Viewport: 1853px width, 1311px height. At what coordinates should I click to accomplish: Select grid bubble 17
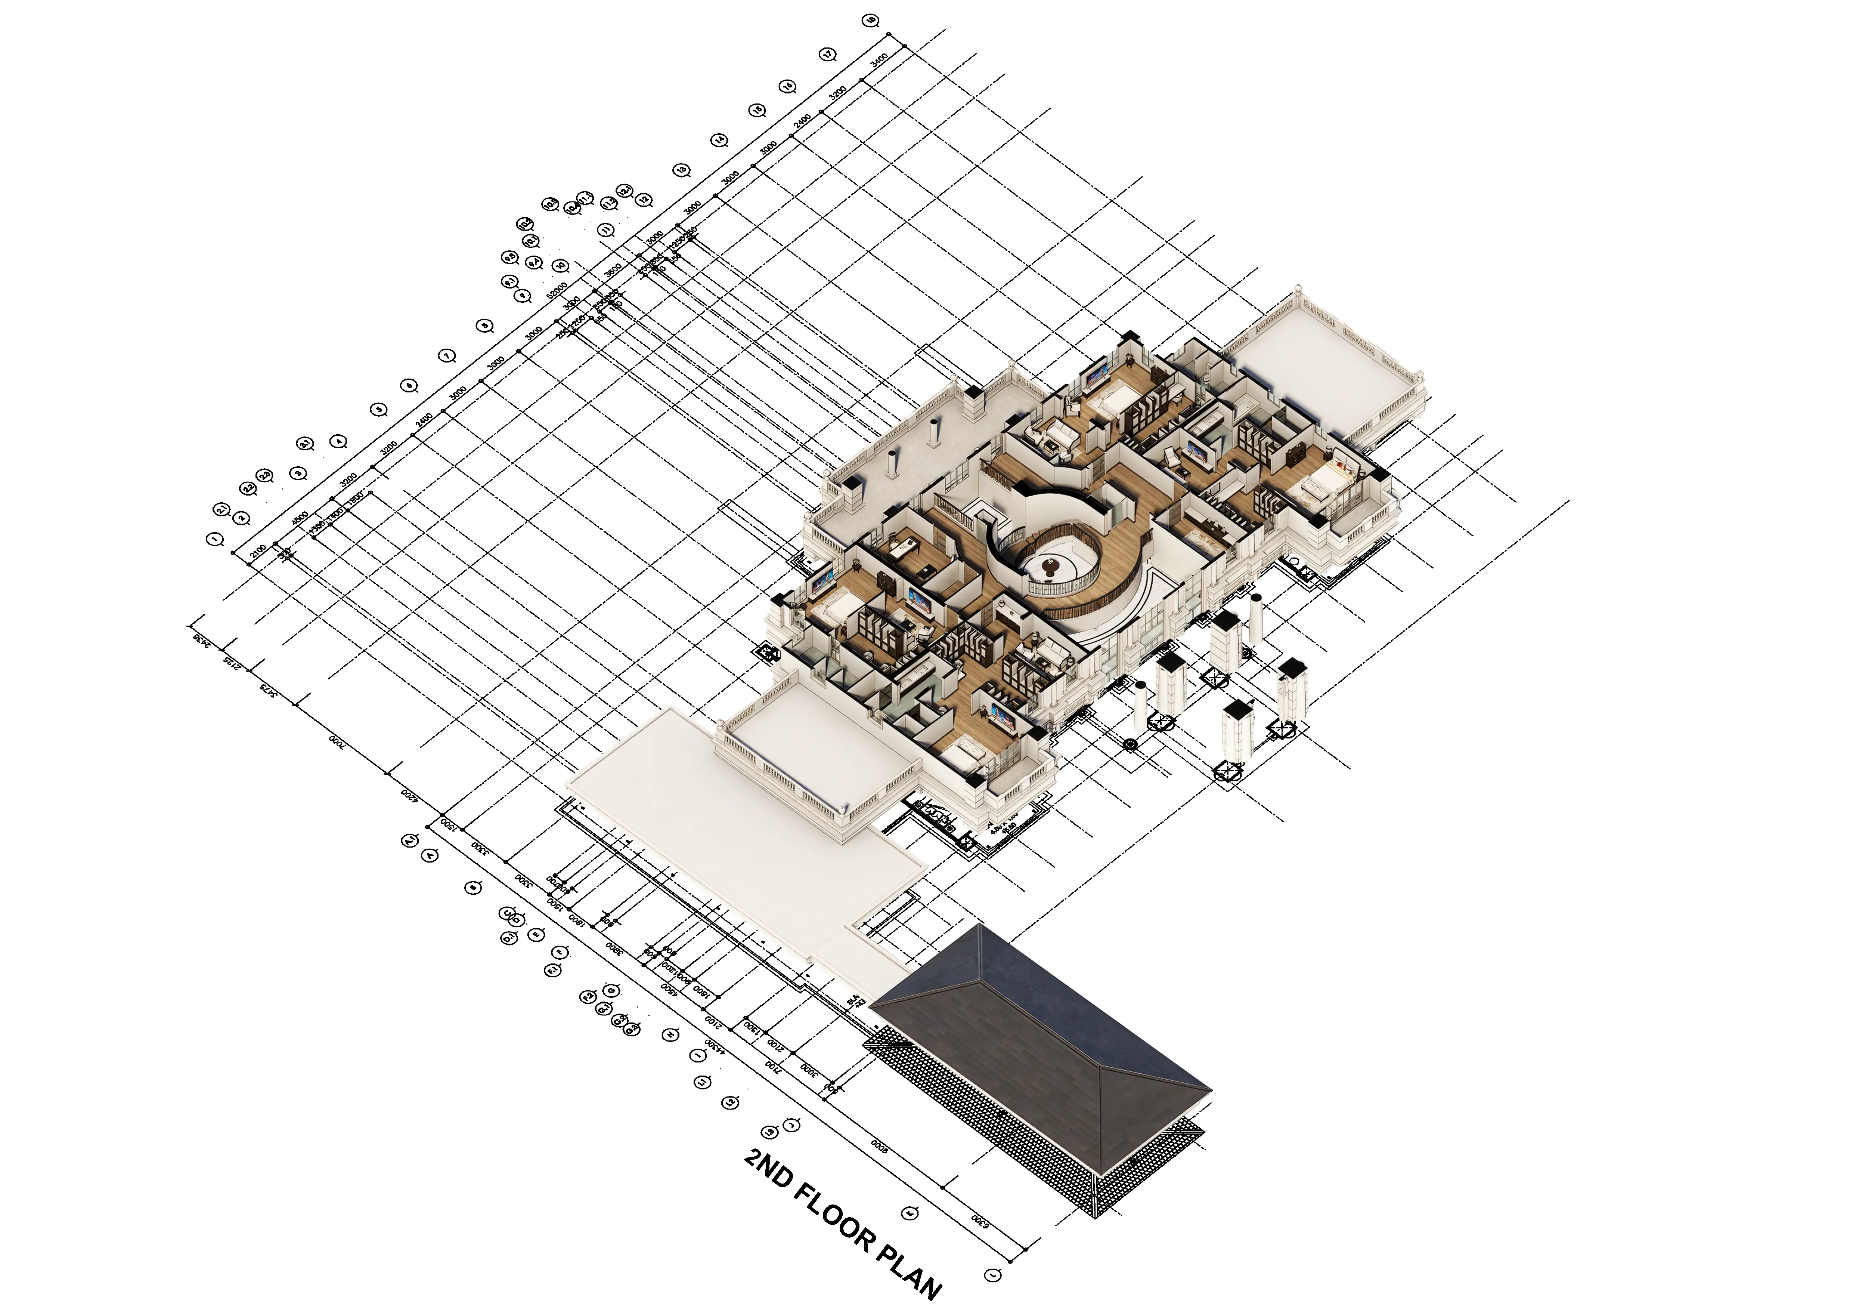(x=827, y=55)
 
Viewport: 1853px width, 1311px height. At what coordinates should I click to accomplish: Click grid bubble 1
(x=215, y=539)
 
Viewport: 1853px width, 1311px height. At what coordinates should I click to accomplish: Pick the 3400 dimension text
(x=880, y=61)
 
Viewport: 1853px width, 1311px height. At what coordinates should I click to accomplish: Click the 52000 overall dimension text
(x=557, y=291)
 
